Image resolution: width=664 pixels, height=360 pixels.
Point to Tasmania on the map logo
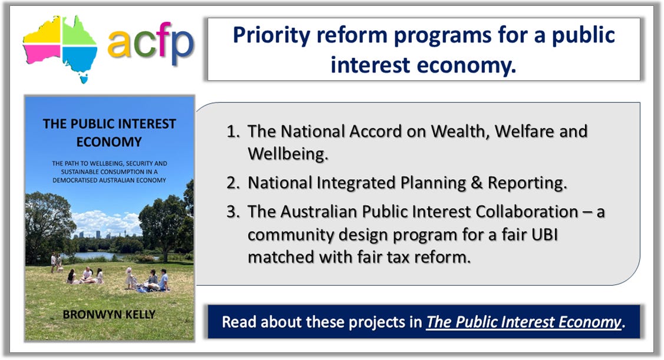click(84, 78)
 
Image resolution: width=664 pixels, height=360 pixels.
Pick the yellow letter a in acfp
click(119, 44)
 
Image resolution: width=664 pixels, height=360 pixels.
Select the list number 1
click(233, 131)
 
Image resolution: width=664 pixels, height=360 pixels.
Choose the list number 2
click(233, 183)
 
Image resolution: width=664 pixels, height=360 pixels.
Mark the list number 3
click(233, 212)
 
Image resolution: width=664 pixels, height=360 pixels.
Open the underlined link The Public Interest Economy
click(523, 322)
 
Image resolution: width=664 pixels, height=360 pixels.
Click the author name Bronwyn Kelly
click(109, 315)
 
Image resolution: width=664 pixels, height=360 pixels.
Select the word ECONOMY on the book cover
click(109, 142)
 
